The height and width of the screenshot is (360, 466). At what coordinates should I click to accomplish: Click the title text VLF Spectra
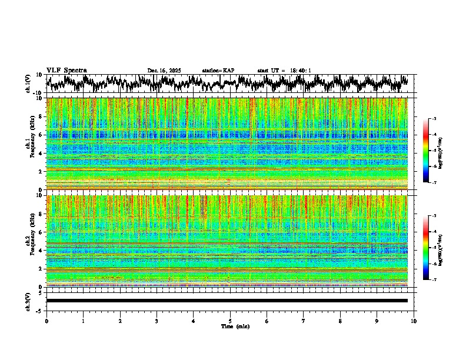coord(66,71)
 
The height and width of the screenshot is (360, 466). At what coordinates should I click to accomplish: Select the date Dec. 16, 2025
coord(164,71)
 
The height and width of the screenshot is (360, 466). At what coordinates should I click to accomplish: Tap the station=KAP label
coord(218,71)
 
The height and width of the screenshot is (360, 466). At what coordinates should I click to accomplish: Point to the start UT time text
coord(284,71)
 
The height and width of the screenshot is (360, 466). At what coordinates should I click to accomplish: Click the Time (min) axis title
coord(235,326)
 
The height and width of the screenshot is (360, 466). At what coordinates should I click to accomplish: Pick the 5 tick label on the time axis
coord(230,321)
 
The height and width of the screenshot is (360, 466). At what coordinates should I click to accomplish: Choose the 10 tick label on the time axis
coord(414,321)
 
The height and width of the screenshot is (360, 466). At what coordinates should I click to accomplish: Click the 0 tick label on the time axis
coord(46,321)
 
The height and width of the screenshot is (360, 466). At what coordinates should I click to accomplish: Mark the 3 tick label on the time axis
coord(157,321)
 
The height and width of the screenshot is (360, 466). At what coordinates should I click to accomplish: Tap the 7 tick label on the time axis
coord(304,321)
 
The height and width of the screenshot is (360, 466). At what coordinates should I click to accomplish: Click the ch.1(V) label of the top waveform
coord(29,84)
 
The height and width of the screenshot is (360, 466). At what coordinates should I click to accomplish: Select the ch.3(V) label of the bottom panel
coord(29,301)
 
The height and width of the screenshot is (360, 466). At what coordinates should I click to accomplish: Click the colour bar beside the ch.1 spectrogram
coord(425,151)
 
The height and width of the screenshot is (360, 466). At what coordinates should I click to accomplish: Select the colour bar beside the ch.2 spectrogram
coord(425,248)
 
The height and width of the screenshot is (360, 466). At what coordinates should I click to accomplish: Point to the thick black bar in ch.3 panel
coord(227,301)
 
